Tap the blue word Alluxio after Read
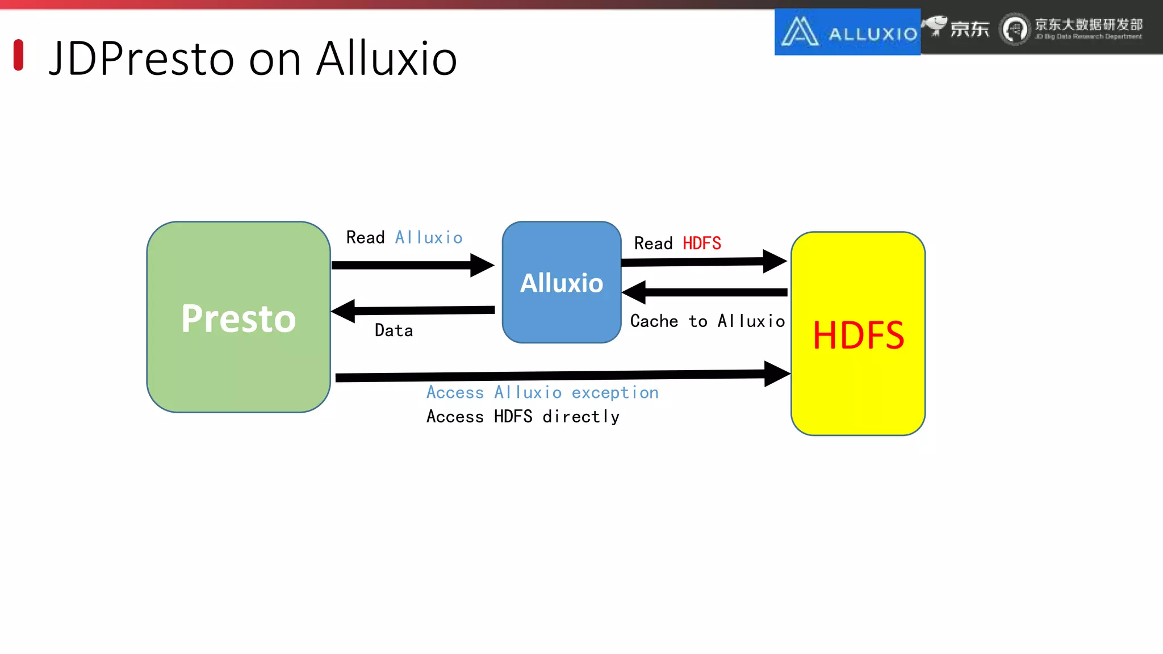429,237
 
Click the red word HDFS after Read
701,244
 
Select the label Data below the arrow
394,330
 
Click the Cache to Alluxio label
707,321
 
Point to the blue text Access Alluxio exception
542,392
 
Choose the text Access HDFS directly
522,417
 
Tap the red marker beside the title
18,55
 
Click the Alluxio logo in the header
847,32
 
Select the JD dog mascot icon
935,26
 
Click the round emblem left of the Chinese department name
1014,29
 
